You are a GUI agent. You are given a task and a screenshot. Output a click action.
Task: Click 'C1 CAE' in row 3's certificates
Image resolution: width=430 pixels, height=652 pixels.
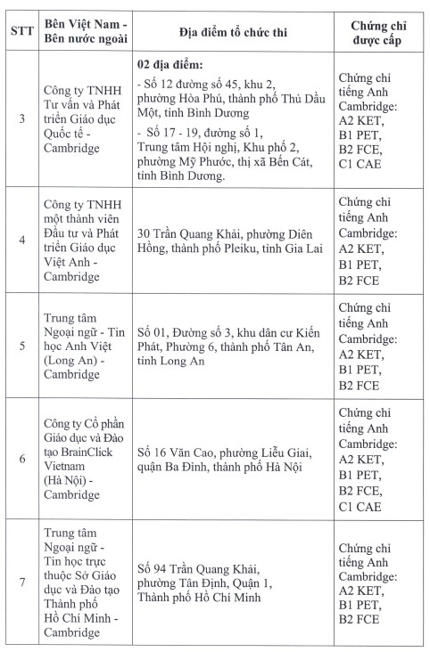[x=360, y=164]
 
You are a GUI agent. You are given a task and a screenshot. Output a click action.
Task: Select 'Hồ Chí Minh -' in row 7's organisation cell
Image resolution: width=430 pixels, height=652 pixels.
[x=83, y=614]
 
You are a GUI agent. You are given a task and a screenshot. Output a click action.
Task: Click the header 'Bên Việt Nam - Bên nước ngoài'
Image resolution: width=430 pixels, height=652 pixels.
[x=86, y=35]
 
